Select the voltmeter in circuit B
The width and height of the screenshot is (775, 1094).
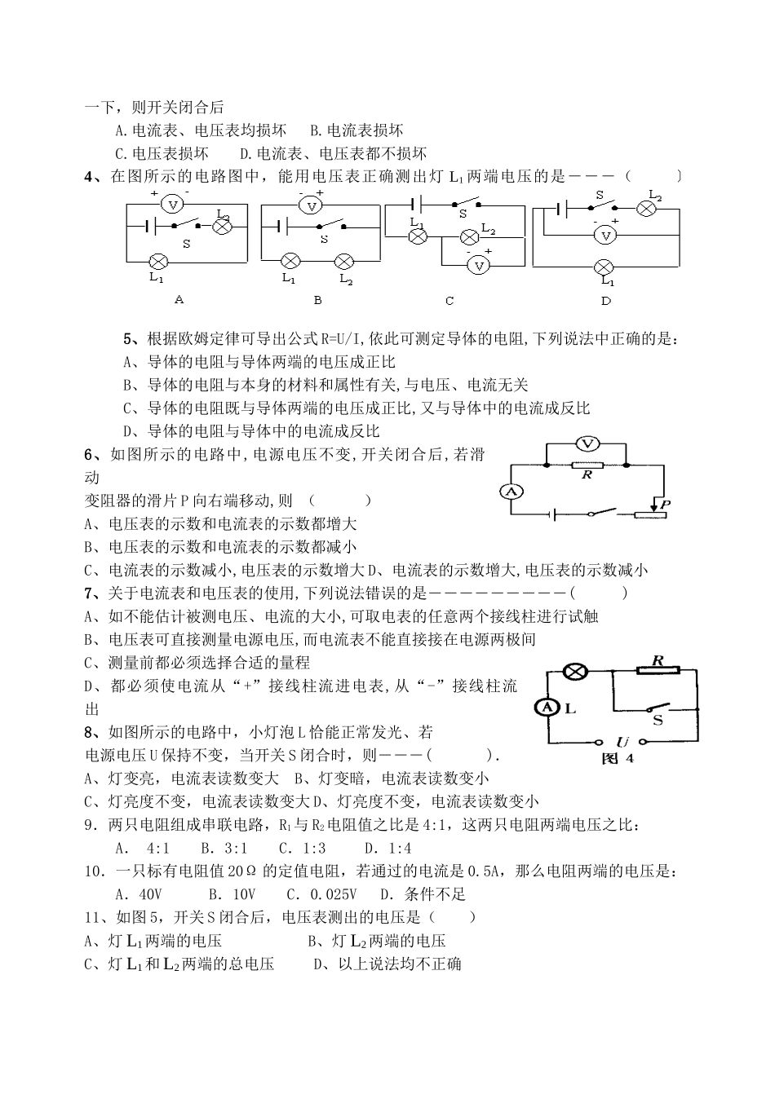[x=312, y=205]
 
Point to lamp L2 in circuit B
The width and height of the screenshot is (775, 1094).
[x=345, y=262]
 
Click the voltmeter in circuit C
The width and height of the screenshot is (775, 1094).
[x=480, y=266]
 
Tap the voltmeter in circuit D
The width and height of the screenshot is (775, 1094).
[x=605, y=235]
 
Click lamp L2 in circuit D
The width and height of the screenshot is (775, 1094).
[x=647, y=209]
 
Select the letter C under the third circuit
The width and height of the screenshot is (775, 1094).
[x=449, y=301]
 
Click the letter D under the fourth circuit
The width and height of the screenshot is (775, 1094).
[x=606, y=300]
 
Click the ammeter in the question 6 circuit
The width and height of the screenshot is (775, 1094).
[x=511, y=491]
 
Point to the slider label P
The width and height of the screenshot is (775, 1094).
[x=665, y=505]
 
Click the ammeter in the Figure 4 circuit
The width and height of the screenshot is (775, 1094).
[x=547, y=708]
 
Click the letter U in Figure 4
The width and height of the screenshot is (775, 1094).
[x=622, y=742]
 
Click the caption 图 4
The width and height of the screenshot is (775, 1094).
[x=617, y=759]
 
